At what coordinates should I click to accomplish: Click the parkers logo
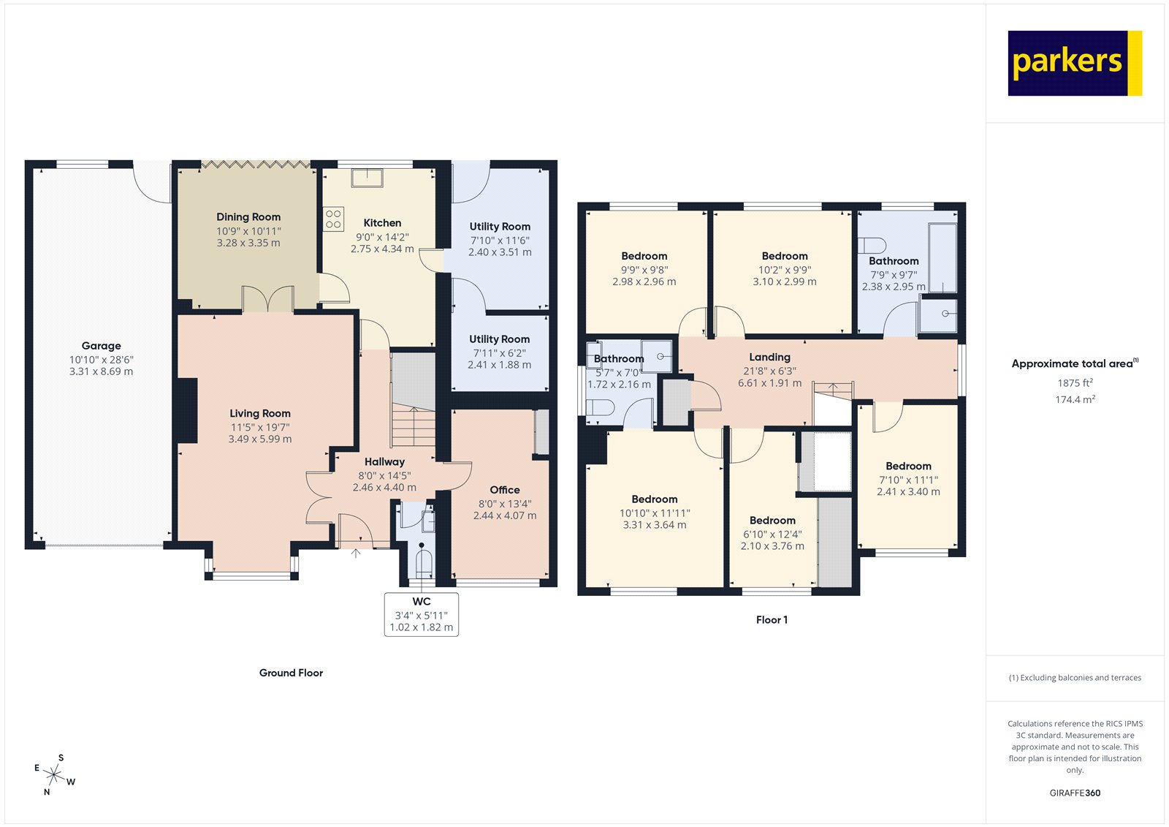point(1074,63)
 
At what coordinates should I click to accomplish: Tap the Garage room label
point(102,346)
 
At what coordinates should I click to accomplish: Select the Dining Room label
point(248,217)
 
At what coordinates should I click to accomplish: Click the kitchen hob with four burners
point(334,219)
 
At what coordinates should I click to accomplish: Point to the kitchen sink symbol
point(367,178)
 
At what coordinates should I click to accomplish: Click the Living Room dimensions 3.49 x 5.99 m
point(260,439)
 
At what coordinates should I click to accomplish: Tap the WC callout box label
point(422,602)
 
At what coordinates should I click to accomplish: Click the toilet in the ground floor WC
point(424,563)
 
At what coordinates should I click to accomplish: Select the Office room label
point(505,490)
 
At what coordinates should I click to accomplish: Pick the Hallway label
point(384,462)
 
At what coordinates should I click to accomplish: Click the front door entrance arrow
point(356,553)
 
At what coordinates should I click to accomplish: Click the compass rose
point(54,774)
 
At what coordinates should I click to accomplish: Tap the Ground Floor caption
point(291,673)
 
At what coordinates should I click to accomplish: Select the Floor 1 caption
point(772,620)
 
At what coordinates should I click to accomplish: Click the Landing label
point(769,357)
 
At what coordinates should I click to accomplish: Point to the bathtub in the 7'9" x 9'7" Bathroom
point(942,258)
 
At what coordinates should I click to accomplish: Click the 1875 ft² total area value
point(1075,382)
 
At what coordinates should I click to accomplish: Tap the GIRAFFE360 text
point(1075,793)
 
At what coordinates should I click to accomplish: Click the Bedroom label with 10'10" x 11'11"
point(655,499)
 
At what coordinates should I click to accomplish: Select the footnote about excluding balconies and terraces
point(1075,678)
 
